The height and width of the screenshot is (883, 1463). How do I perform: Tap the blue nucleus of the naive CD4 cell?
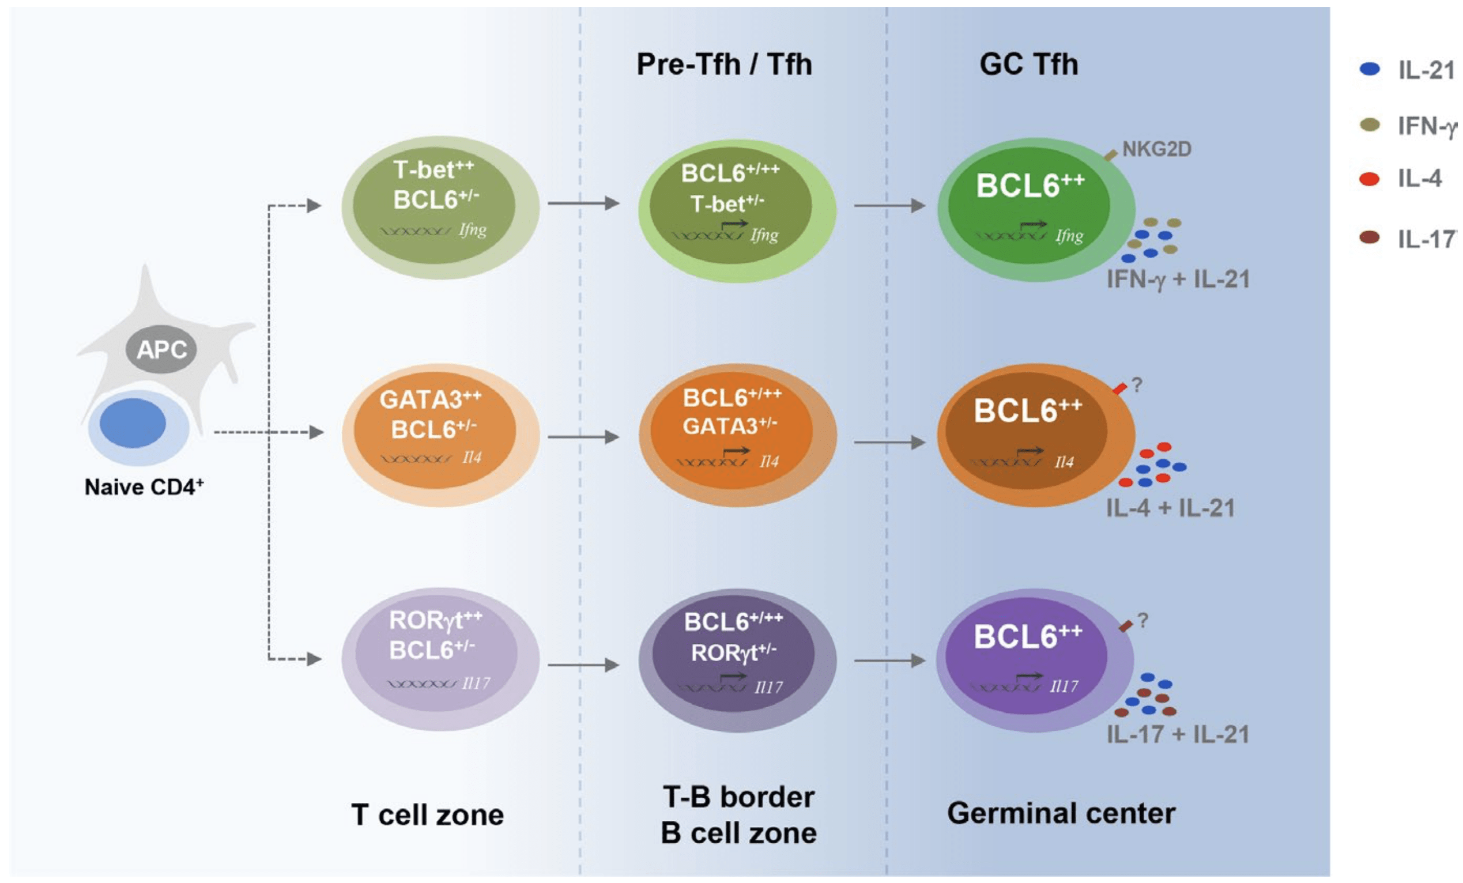(x=133, y=423)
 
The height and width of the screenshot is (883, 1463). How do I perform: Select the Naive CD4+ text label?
(x=144, y=487)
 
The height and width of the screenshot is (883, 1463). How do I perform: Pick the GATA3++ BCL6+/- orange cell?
(x=440, y=434)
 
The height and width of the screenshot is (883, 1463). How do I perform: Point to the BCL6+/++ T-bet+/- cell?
(x=737, y=210)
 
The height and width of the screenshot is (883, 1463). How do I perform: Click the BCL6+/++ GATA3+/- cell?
(x=737, y=435)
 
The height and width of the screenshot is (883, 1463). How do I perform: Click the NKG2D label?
(x=1156, y=149)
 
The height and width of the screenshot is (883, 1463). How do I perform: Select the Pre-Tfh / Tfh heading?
(x=724, y=64)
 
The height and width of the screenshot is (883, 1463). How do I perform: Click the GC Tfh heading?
(x=1028, y=64)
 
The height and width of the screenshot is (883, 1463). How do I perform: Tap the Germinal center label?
(x=1061, y=812)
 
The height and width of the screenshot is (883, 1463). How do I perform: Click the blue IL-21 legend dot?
(x=1369, y=69)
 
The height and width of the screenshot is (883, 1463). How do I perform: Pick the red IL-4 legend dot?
(x=1369, y=179)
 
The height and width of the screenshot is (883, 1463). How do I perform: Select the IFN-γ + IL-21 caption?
(x=1178, y=279)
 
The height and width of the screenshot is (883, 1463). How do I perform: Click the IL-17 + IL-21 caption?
(x=1178, y=734)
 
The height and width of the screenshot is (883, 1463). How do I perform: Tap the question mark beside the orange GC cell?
(x=1136, y=385)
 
